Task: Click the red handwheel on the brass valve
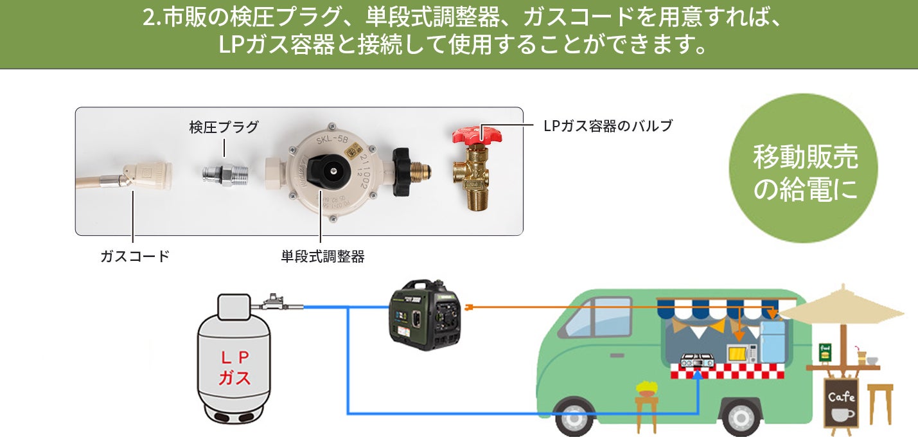477,134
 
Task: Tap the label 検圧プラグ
224,127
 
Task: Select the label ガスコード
135,256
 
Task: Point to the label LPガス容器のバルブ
608,126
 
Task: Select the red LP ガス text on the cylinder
235,367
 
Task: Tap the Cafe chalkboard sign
841,403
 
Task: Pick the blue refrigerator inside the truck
773,341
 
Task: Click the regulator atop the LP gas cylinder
274,301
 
